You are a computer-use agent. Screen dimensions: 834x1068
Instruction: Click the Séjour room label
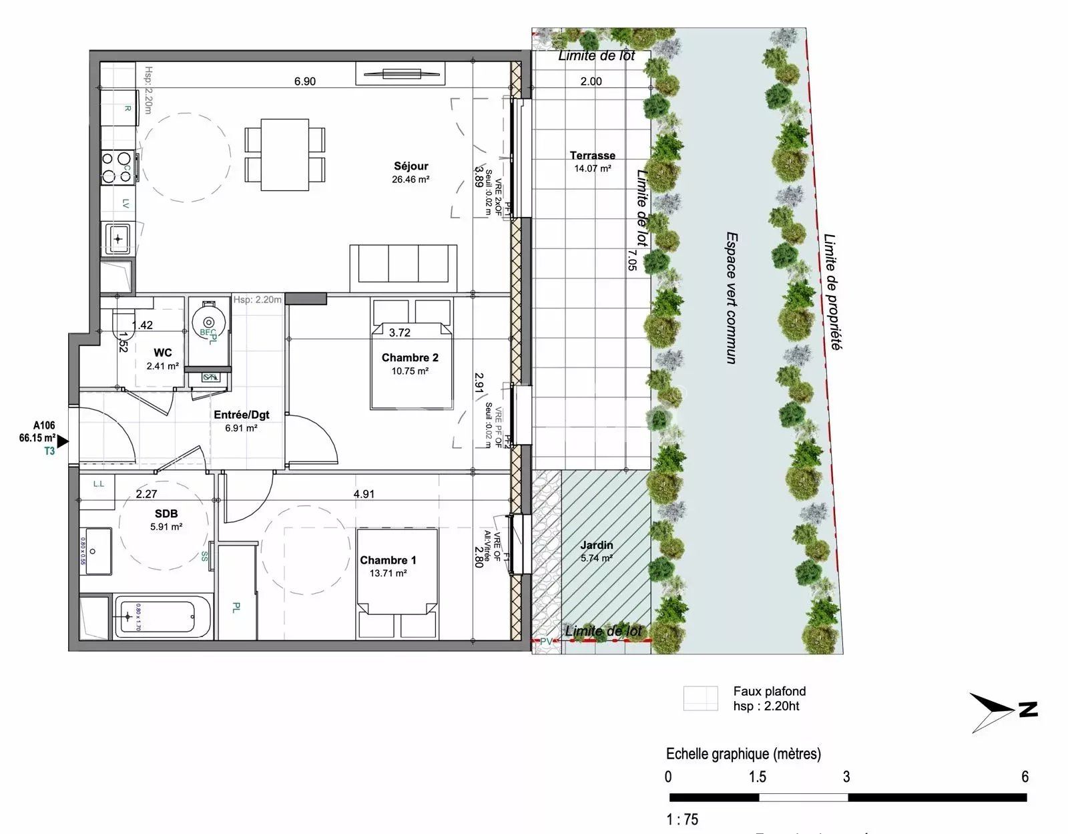click(411, 166)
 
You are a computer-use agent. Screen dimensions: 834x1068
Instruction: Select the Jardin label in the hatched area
click(596, 546)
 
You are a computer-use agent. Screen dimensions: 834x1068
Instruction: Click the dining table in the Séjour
click(285, 154)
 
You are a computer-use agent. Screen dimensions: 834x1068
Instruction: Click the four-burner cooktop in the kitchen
click(116, 167)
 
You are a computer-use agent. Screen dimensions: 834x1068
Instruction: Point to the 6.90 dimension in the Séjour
click(305, 81)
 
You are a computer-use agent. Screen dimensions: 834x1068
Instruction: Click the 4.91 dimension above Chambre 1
click(364, 494)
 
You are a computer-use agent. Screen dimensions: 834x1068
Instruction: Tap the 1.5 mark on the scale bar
click(757, 777)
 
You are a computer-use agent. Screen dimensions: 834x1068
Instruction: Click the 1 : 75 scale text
click(682, 819)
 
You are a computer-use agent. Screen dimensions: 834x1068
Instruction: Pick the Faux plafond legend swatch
click(700, 698)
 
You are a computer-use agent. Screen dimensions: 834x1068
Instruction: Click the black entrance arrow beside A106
click(63, 441)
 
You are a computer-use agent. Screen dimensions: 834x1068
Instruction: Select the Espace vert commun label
click(732, 298)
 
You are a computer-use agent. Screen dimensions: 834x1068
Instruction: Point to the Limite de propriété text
click(832, 291)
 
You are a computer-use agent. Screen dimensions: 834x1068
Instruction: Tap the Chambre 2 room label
click(410, 358)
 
